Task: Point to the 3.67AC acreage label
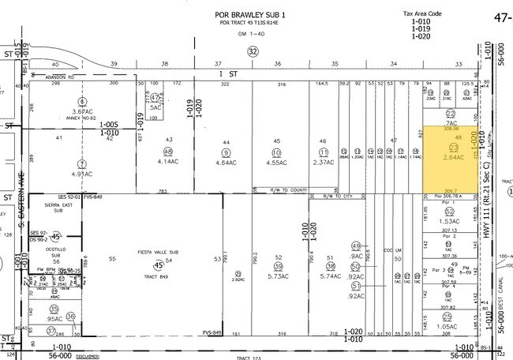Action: pyautogui.click(x=82, y=111)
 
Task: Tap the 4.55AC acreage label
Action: pyautogui.click(x=276, y=163)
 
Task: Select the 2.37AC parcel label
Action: pyautogui.click(x=323, y=163)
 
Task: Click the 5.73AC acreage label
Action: pyautogui.click(x=278, y=277)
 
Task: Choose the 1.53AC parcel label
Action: pyautogui.click(x=447, y=222)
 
